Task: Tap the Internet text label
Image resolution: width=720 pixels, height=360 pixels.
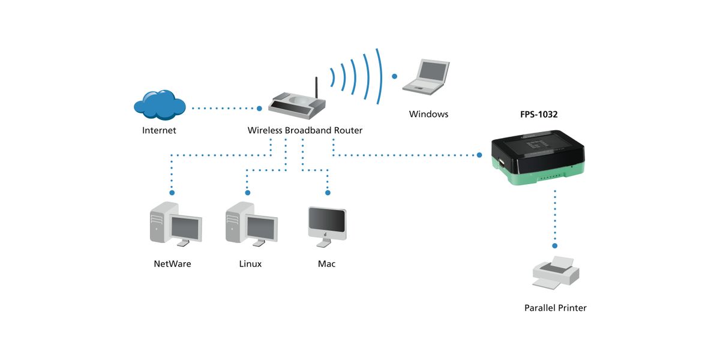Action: pyautogui.click(x=159, y=130)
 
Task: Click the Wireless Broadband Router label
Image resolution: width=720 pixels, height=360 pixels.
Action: pyautogui.click(x=305, y=130)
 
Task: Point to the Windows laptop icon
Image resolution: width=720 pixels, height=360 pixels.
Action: pyautogui.click(x=426, y=76)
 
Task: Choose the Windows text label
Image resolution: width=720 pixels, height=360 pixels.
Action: pyautogui.click(x=428, y=114)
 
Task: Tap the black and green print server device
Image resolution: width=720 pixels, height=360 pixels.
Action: pyautogui.click(x=538, y=157)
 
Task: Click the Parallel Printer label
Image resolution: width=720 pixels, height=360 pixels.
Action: pyautogui.click(x=555, y=308)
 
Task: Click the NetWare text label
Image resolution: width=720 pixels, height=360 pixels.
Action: pyautogui.click(x=172, y=263)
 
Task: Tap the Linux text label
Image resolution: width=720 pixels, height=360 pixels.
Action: pyautogui.click(x=250, y=263)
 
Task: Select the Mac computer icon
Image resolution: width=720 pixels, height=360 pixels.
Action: pyautogui.click(x=326, y=226)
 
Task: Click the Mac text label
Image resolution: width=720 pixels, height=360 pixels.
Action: pyautogui.click(x=326, y=263)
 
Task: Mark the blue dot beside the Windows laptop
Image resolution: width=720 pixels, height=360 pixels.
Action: pyautogui.click(x=394, y=76)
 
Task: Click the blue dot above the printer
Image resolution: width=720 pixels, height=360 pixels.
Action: pyautogui.click(x=555, y=245)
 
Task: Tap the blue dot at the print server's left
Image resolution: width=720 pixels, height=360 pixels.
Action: pyautogui.click(x=480, y=155)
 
